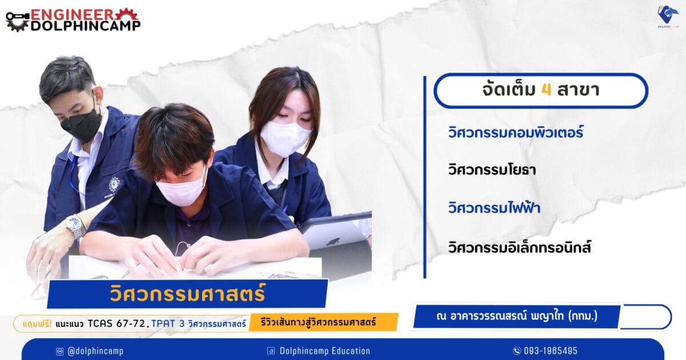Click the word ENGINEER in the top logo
click(72, 14)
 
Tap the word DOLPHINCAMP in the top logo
click(85, 26)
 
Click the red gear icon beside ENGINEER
click(126, 14)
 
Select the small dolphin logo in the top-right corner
click(668, 17)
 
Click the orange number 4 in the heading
click(547, 90)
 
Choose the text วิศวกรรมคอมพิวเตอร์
click(516, 133)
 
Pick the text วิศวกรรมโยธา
click(492, 170)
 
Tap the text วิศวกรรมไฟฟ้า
click(494, 207)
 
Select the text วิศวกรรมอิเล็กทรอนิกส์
click(520, 247)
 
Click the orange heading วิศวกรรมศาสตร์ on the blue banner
click(188, 293)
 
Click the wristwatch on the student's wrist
click(75, 226)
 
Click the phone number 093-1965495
click(551, 351)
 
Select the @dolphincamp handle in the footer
click(95, 351)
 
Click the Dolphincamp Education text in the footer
click(325, 351)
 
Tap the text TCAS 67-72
click(117, 323)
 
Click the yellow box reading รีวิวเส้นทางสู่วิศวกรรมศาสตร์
click(324, 322)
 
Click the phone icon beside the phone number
click(517, 351)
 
